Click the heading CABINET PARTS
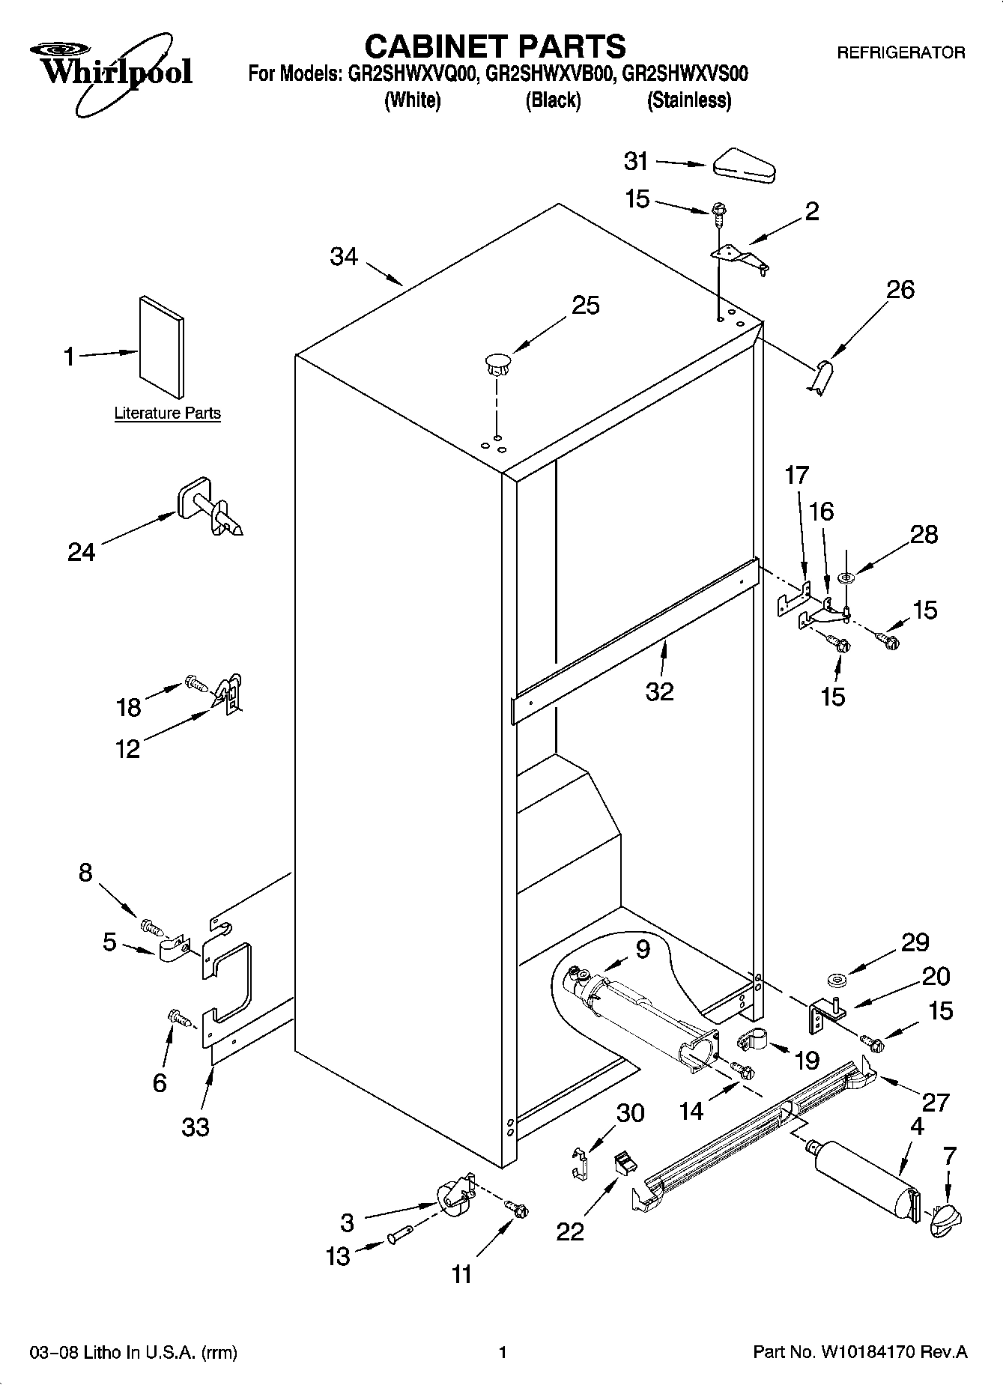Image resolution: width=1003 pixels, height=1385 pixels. (494, 46)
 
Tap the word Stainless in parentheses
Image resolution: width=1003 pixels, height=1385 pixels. (688, 100)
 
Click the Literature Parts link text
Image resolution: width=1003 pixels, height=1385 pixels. (167, 413)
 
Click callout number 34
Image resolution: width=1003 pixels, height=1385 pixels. (344, 257)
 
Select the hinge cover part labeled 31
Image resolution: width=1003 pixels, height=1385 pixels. (746, 166)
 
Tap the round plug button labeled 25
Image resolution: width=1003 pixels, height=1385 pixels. (497, 364)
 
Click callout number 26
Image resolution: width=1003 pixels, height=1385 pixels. (900, 289)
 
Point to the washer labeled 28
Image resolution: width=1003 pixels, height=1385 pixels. (847, 578)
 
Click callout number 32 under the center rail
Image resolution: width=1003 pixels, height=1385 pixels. (659, 691)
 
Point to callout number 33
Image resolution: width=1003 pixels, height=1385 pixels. (196, 1126)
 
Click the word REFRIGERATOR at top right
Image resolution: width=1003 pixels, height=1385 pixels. (900, 53)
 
